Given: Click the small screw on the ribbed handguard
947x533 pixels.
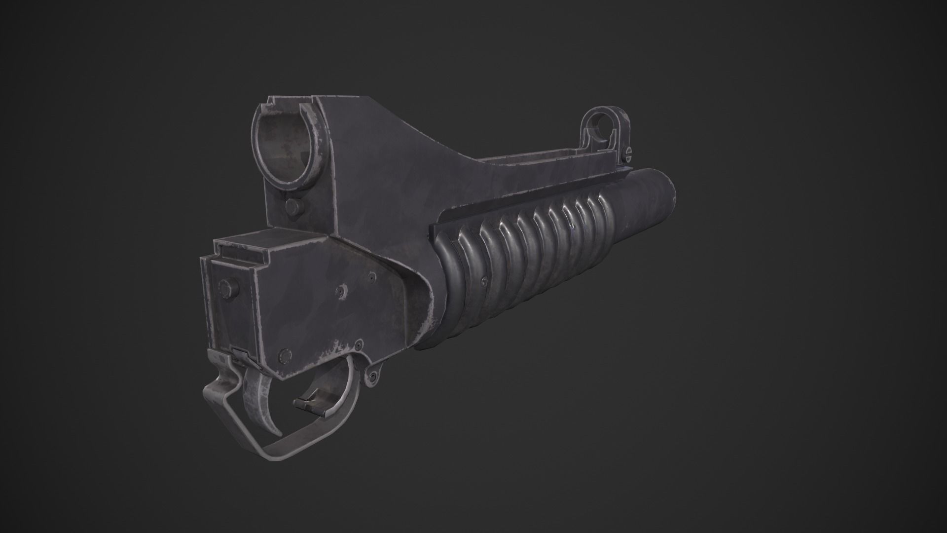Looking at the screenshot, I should pos(483,282).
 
